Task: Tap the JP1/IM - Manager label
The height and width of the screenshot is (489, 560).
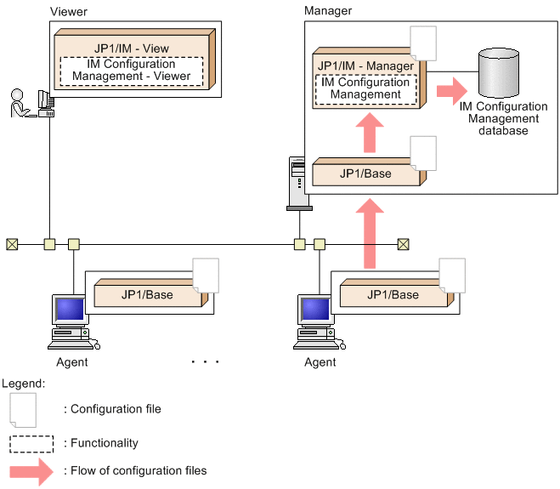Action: click(x=365, y=65)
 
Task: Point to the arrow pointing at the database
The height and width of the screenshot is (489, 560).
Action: click(x=447, y=88)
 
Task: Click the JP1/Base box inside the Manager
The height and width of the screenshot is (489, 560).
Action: click(x=365, y=173)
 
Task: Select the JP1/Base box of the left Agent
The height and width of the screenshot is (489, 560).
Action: click(x=144, y=295)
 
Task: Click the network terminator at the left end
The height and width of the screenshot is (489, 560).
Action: click(x=11, y=245)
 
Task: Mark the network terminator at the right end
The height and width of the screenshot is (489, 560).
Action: click(x=404, y=245)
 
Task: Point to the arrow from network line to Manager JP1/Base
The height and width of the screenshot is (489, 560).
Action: click(x=368, y=234)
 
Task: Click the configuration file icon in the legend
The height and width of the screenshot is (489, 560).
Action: click(x=23, y=409)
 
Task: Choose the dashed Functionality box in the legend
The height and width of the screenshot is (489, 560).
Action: click(x=32, y=443)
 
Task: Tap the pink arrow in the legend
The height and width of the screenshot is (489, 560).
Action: click(x=31, y=470)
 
